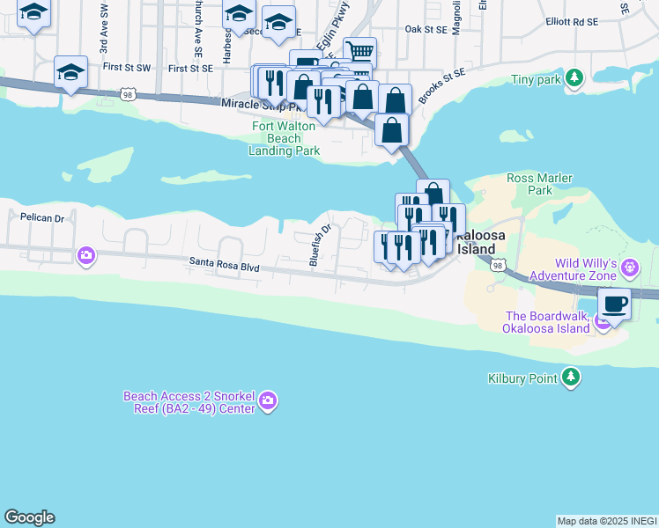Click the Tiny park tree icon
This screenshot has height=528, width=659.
[574, 79]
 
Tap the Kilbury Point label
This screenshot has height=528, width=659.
[522, 378]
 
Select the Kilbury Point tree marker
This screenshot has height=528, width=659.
[572, 378]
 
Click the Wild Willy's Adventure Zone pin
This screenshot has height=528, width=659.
[630, 267]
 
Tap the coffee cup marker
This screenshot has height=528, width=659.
[614, 304]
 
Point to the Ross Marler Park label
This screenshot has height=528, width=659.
[540, 184]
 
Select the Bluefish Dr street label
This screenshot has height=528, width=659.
[320, 244]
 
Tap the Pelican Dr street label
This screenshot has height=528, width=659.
[42, 217]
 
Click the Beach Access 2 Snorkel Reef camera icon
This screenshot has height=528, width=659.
[269, 403]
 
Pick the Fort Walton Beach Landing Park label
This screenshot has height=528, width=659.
[284, 138]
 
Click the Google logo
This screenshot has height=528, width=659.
[29, 517]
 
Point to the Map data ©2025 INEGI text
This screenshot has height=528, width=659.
[607, 521]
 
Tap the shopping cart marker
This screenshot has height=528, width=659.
[359, 52]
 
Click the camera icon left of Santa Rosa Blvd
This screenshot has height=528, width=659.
[85, 256]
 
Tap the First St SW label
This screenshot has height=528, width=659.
[126, 67]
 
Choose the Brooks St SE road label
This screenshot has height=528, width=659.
[443, 85]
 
